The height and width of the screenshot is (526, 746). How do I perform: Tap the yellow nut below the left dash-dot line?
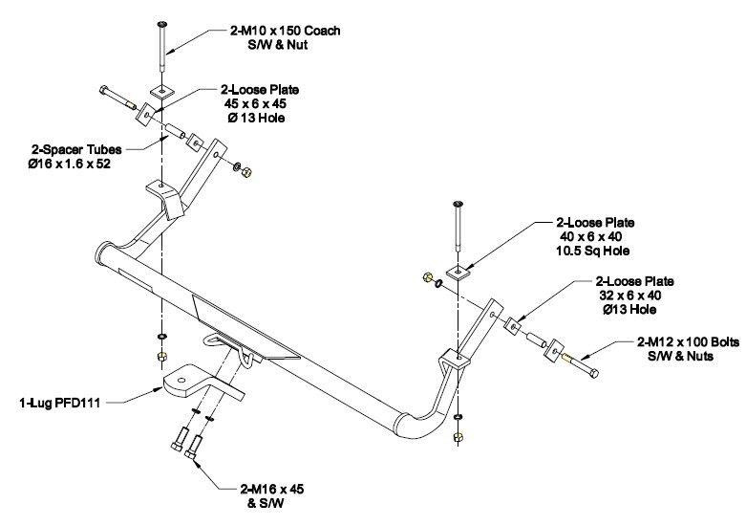(x=160, y=357)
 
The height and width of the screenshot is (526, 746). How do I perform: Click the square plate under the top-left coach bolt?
(x=162, y=93)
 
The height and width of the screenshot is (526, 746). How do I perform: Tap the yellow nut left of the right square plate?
(x=426, y=278)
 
